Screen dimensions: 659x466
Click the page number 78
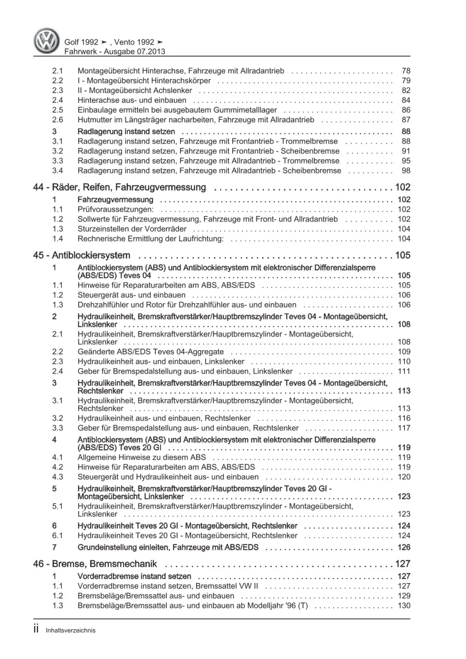405,71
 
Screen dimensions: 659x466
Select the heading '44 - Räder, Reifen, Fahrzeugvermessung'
119,187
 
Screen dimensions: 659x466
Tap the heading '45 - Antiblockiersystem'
82,255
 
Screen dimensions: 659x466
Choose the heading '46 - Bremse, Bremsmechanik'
95,564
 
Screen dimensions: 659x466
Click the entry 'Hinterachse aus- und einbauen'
132,100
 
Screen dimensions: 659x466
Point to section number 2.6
57,120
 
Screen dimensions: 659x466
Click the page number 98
405,170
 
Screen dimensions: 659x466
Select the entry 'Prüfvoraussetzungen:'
116,209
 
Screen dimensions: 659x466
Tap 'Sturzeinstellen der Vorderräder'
132,229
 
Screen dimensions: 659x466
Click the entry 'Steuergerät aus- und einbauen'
131,295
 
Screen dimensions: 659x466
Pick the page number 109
404,352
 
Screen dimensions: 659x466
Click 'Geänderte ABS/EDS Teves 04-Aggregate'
151,352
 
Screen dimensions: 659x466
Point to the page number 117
404,428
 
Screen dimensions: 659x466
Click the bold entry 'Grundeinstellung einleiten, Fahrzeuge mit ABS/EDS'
168,547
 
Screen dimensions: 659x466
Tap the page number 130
404,605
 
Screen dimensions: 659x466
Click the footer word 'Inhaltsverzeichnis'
70,630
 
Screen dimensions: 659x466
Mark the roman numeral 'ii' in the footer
37,629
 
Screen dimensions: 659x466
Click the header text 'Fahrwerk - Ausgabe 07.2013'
115,52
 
